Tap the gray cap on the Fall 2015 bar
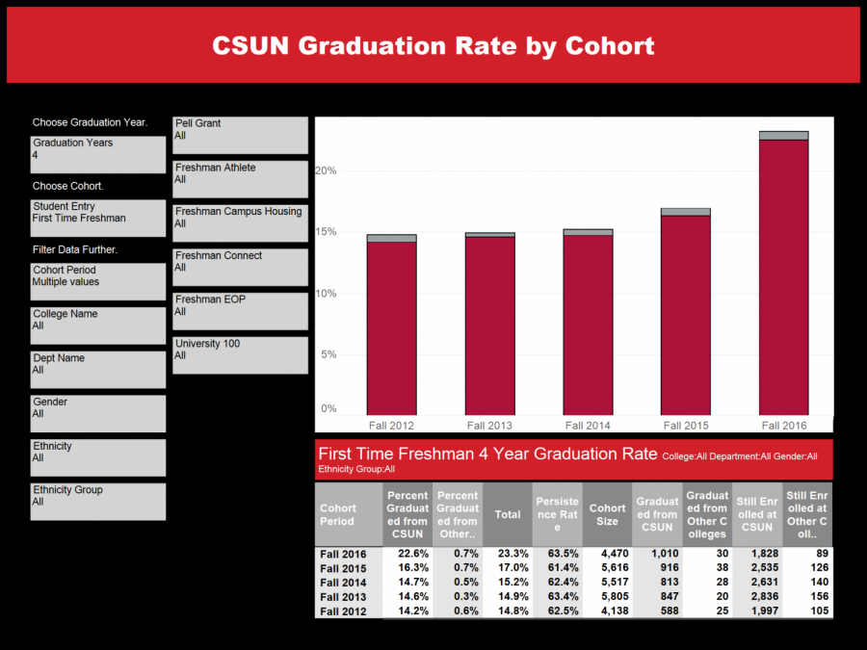[685, 212]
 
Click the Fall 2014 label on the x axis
[588, 426]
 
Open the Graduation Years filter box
[97, 154]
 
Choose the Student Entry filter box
[97, 218]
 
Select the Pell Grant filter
[240, 135]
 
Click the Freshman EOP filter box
[240, 311]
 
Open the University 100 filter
[240, 355]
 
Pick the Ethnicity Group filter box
[97, 502]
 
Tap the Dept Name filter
[97, 370]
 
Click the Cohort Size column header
[607, 514]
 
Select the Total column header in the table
[508, 514]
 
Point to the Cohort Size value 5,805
[608, 597]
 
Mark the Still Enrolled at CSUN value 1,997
[757, 611]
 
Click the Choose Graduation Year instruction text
[90, 122]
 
